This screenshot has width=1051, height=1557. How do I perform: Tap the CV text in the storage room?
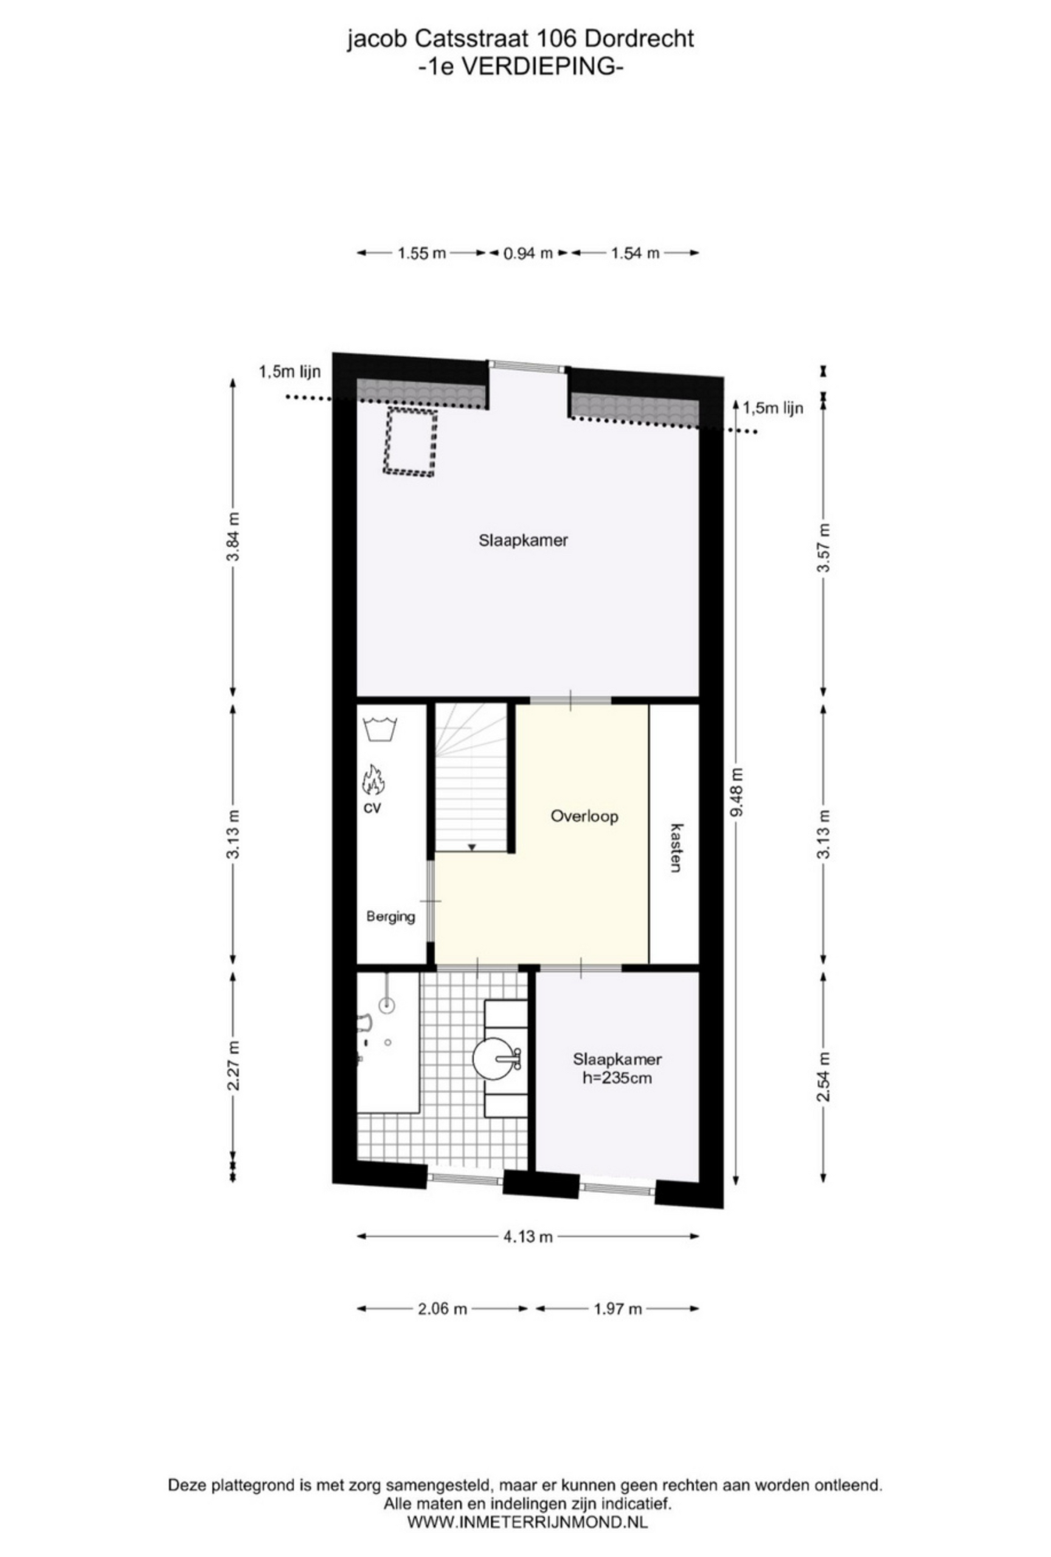point(372,809)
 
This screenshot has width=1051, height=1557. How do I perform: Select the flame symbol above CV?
point(372,779)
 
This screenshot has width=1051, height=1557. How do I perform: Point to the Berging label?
point(390,917)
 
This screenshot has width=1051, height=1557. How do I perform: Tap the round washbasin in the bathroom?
point(496,1058)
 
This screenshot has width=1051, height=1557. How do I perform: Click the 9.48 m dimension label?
point(737,792)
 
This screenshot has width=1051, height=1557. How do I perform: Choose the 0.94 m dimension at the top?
point(528,252)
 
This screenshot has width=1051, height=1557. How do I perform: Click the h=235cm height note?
point(617,1078)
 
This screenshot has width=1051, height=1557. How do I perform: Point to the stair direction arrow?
point(471,847)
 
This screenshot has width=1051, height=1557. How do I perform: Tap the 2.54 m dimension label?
point(824,1077)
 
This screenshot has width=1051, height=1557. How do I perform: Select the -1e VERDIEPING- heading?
point(521,67)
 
